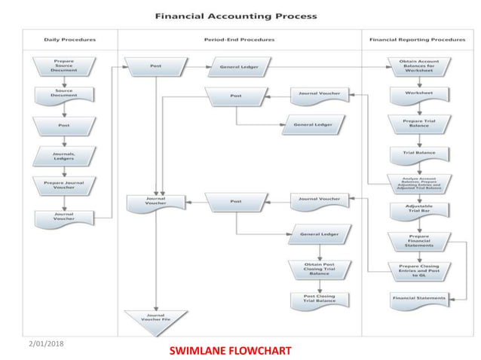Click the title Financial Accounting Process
236,16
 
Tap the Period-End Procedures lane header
239,39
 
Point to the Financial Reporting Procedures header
417,39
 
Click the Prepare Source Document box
64,66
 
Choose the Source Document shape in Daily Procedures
64,94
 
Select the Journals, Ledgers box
64,156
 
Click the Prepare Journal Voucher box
64,185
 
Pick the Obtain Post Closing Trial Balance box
319,269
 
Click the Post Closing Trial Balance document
320,299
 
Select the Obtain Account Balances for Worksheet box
419,66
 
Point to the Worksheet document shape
419,94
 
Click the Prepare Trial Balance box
419,122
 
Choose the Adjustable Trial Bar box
419,209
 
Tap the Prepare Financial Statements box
419,241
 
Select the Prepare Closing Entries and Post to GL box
419,270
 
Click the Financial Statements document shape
419,299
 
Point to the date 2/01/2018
47,344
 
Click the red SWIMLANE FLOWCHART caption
229,351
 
